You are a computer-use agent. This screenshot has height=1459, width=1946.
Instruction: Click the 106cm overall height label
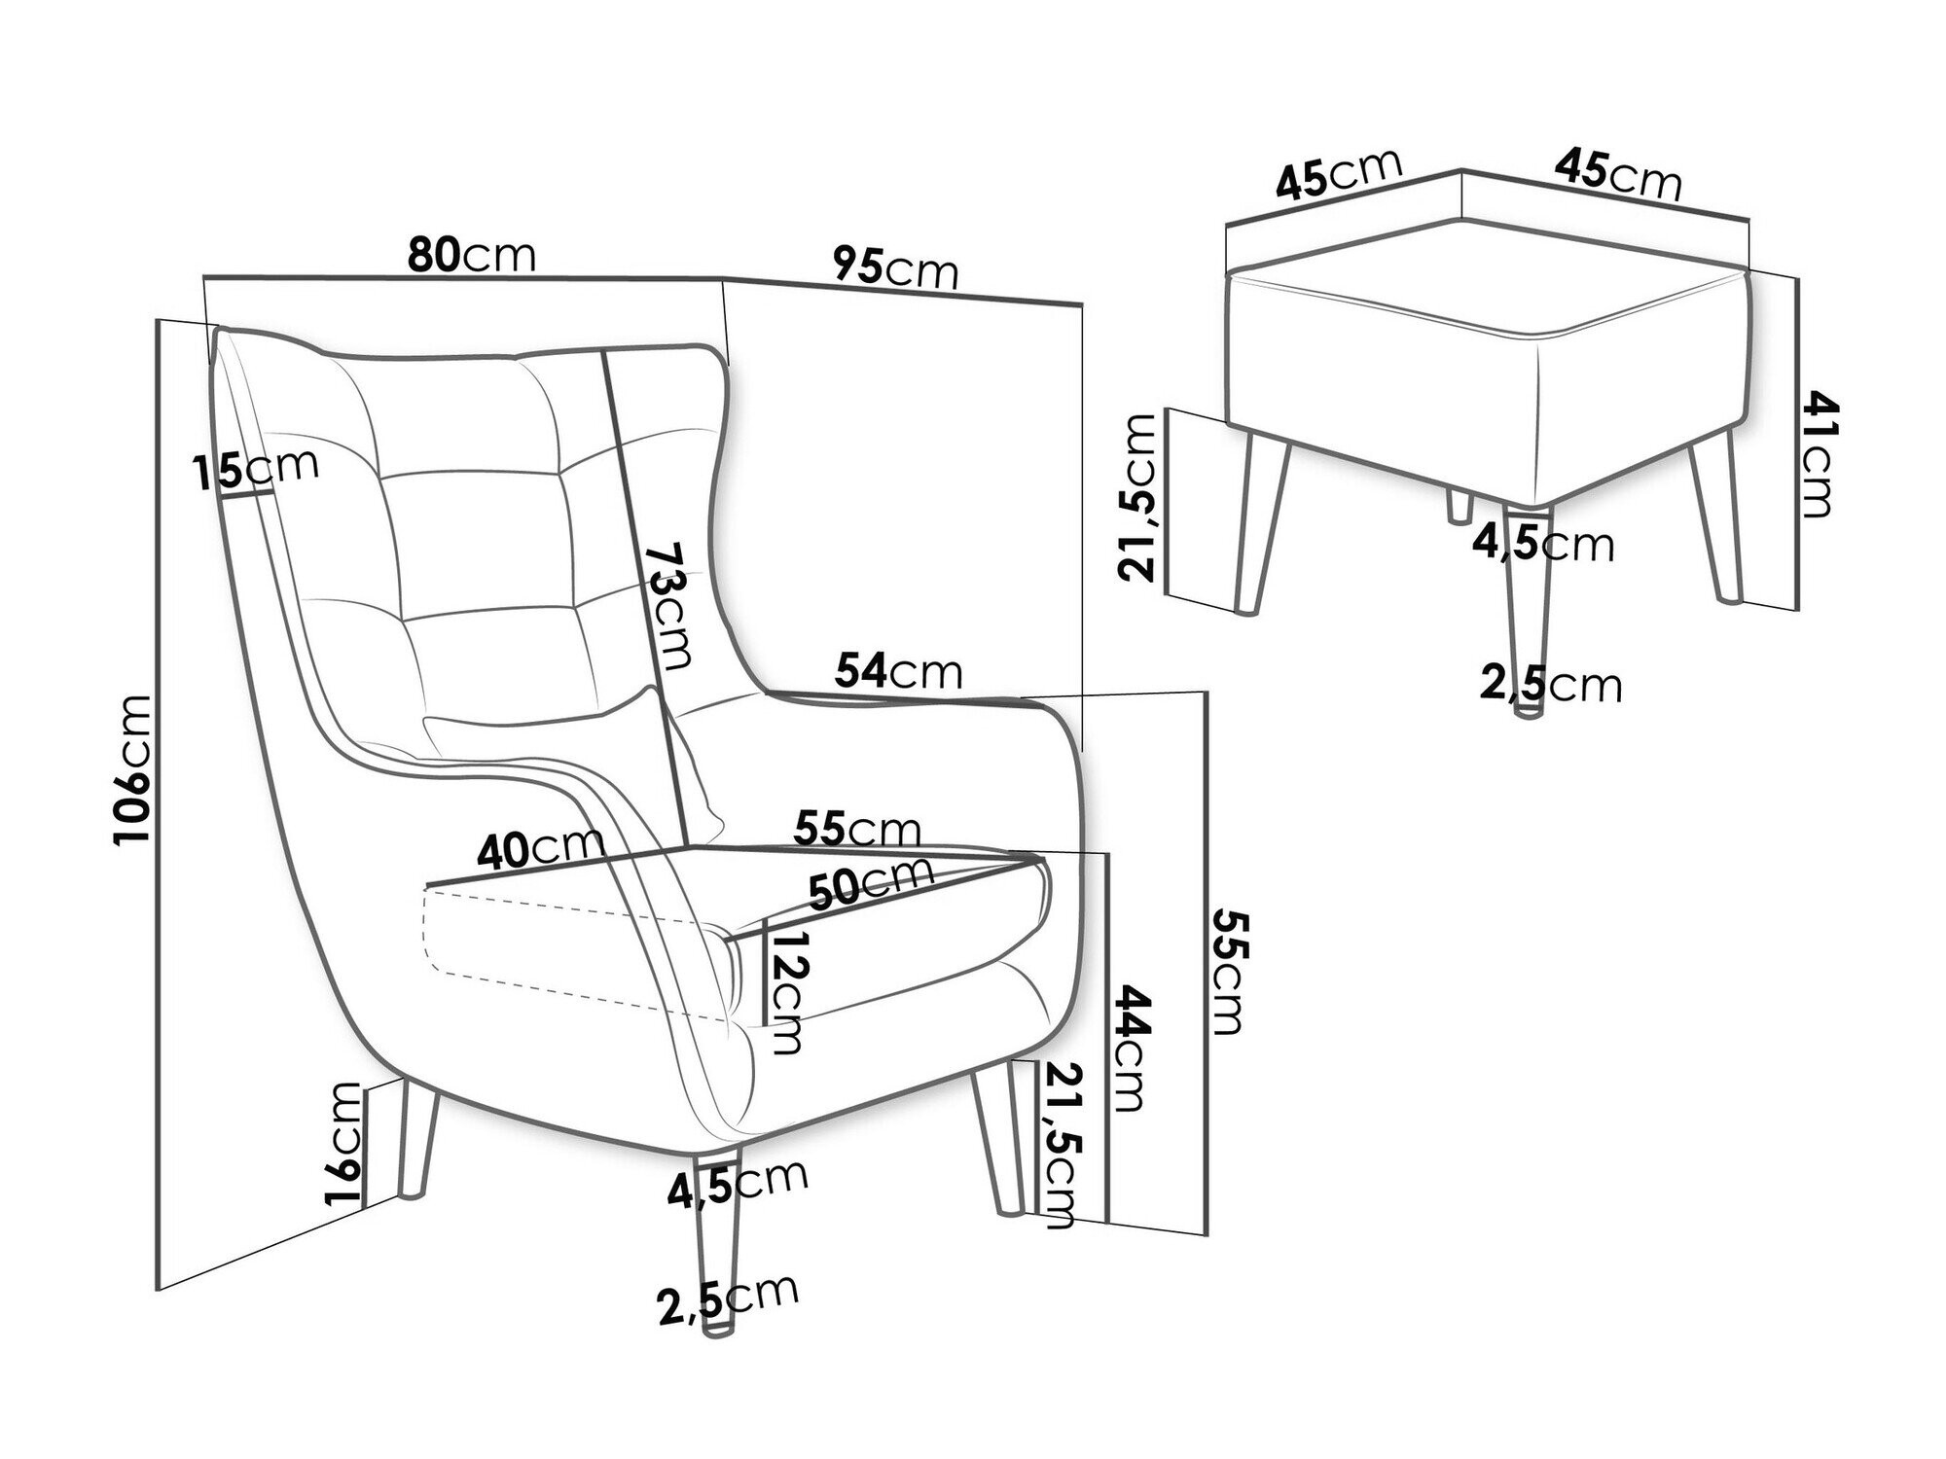click(x=133, y=769)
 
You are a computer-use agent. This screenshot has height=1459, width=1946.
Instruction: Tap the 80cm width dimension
click(x=471, y=256)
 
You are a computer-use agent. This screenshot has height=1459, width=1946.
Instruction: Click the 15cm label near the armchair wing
click(x=255, y=470)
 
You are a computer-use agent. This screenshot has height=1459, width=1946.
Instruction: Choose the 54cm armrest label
click(x=898, y=671)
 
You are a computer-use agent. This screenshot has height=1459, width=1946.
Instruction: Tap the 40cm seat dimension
click(x=540, y=848)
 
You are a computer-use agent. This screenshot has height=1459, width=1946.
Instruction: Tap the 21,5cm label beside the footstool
click(x=1137, y=496)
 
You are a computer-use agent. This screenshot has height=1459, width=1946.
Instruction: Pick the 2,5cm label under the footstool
click(x=1551, y=685)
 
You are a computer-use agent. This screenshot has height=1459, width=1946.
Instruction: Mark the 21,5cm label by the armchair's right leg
click(x=1061, y=1144)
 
